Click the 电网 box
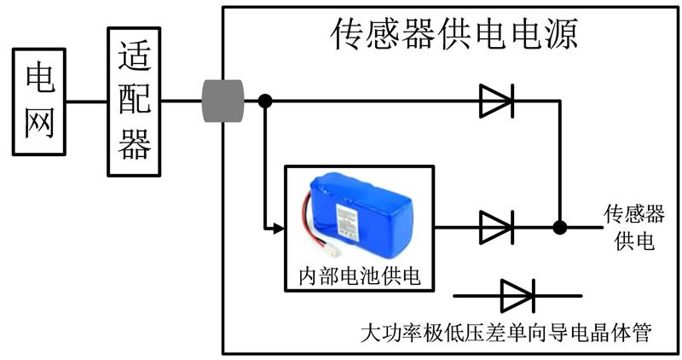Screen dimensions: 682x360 click(x=39, y=102)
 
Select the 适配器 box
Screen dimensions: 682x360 click(x=134, y=102)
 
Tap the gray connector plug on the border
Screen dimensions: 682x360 click(x=223, y=101)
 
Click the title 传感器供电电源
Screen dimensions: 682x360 click(x=454, y=33)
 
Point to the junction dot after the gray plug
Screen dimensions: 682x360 click(x=265, y=101)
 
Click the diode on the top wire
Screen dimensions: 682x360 click(x=496, y=101)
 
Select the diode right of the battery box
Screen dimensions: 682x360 click(x=496, y=227)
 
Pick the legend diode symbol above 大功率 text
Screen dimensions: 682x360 click(x=517, y=296)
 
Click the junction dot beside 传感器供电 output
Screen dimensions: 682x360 click(x=560, y=227)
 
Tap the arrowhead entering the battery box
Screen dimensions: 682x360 click(x=279, y=228)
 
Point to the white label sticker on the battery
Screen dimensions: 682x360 click(x=348, y=223)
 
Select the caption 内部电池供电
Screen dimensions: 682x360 click(x=360, y=276)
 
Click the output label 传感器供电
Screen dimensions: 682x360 click(x=633, y=227)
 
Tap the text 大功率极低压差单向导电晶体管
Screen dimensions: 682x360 click(x=506, y=333)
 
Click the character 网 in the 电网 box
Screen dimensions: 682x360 click(x=39, y=122)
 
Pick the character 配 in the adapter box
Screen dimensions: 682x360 click(x=135, y=99)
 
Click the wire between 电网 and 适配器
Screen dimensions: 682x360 click(x=87, y=102)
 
